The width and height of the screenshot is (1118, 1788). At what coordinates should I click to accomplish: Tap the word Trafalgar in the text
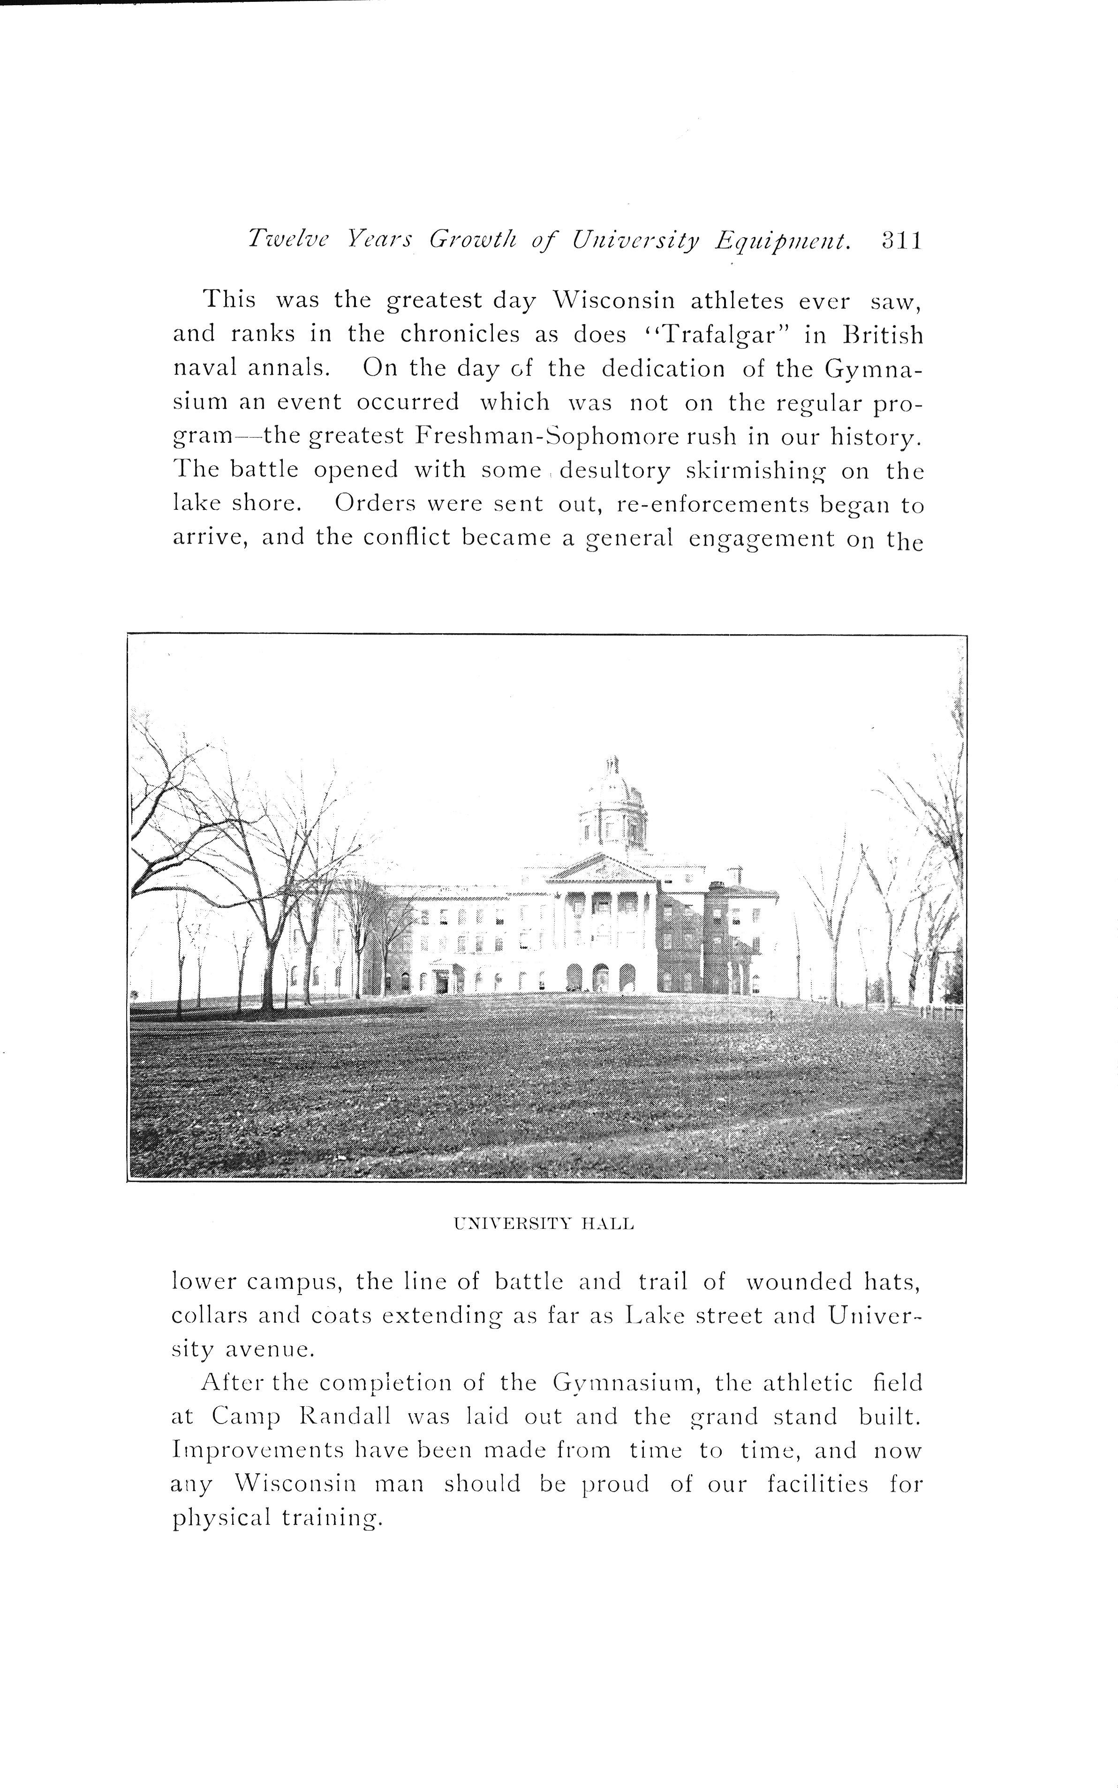[708, 335]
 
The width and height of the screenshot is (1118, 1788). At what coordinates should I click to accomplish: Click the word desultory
[617, 471]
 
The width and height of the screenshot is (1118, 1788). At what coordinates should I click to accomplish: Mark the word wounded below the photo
[800, 1281]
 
